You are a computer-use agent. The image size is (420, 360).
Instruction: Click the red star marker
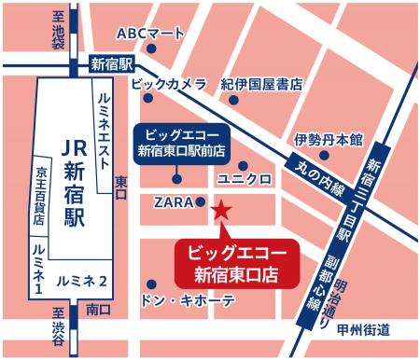[x=221, y=211]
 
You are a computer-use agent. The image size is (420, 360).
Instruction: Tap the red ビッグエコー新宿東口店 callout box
[x=237, y=263]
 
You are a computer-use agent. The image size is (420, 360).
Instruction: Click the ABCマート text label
[x=150, y=34]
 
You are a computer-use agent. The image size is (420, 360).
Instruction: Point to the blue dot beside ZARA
[x=201, y=201]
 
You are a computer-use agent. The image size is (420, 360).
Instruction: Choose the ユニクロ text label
[x=244, y=177]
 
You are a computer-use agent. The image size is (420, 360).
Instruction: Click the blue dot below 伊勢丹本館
[x=324, y=158]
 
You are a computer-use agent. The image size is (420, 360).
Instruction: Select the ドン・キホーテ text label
[x=187, y=302]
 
